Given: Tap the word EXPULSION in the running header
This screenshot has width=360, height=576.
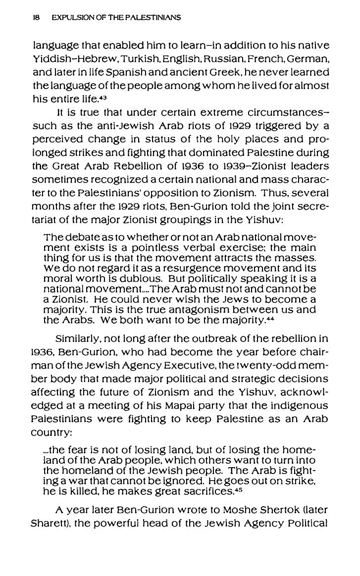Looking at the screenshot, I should pyautogui.click(x=66, y=18).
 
